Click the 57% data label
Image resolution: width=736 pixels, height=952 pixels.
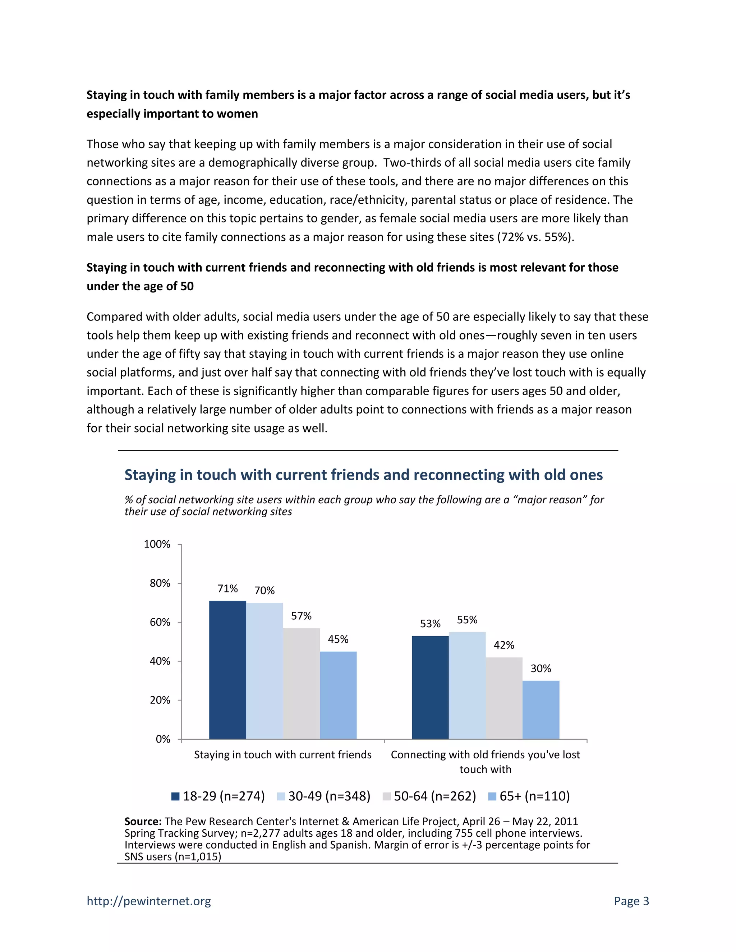301,616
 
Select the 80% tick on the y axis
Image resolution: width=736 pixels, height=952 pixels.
160,583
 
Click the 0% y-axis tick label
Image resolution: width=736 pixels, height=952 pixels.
163,739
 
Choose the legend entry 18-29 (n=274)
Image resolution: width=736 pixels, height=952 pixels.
218,796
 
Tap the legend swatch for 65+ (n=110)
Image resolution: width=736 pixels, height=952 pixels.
492,796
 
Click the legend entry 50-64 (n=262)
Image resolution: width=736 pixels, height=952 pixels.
429,796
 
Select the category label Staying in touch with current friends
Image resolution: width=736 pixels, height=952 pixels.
282,754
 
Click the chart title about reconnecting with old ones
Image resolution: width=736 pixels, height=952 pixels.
363,475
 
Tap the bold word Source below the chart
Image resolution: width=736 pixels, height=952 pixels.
143,821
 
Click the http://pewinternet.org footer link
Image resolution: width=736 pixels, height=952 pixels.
149,901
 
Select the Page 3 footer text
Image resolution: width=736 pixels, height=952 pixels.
631,901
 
